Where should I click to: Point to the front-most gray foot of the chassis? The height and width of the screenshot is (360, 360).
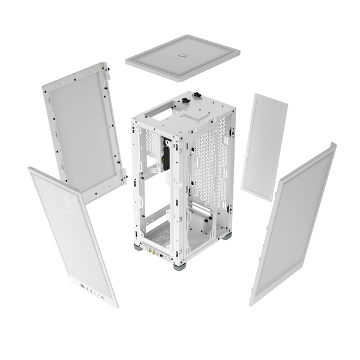[x=179, y=266]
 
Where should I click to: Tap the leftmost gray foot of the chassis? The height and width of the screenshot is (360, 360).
[x=139, y=246]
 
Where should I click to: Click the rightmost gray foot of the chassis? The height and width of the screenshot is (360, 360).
[x=226, y=236]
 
